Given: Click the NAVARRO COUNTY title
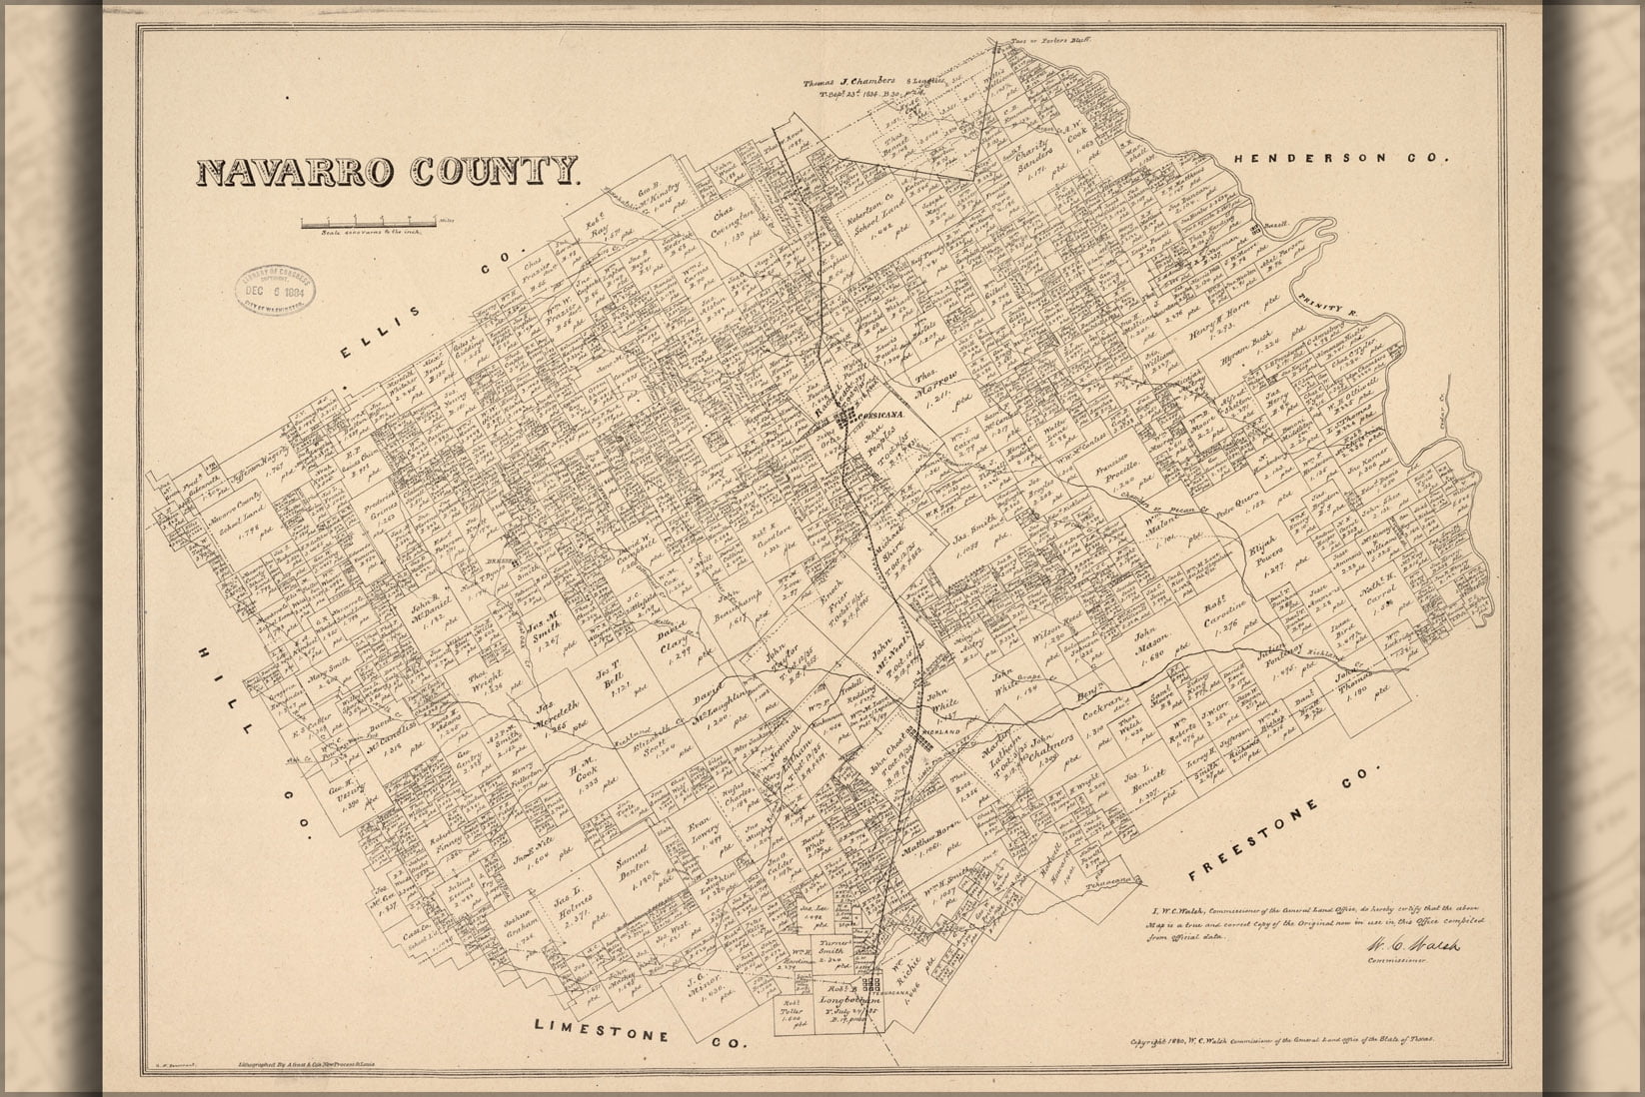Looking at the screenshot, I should click(x=389, y=172).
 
